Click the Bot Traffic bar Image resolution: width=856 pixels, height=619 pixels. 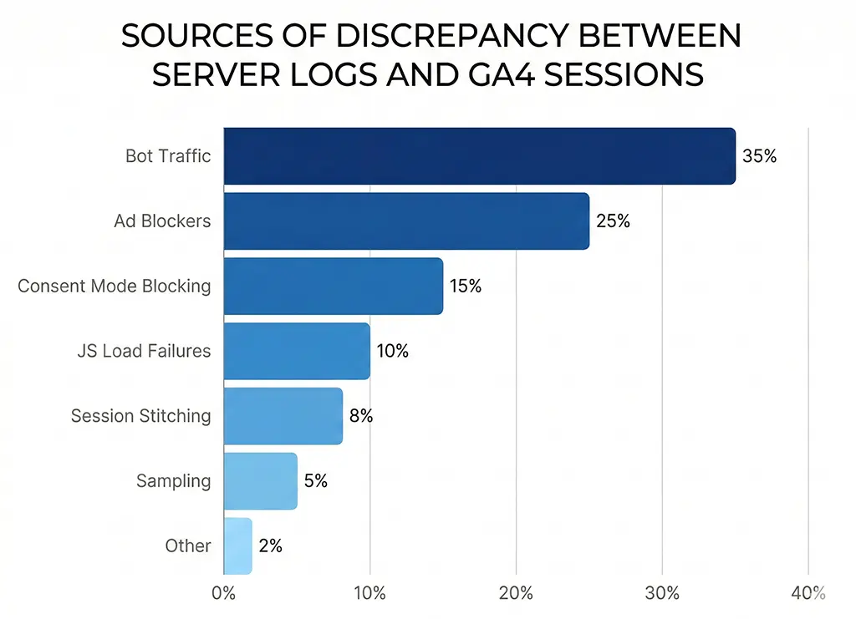[x=479, y=155]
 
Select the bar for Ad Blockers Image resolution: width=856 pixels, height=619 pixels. [x=406, y=221]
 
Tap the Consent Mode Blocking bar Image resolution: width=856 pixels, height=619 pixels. [x=333, y=286]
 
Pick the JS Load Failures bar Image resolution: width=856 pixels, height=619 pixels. [x=297, y=351]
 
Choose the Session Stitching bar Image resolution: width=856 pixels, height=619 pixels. [x=283, y=415]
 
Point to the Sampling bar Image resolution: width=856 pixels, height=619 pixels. [x=260, y=480]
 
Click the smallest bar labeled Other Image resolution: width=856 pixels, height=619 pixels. [x=237, y=545]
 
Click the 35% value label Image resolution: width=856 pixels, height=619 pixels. [x=759, y=155]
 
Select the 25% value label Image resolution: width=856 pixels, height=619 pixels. [x=613, y=221]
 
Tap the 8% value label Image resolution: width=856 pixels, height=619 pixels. [x=360, y=415]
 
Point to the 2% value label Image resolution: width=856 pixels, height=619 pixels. [x=270, y=545]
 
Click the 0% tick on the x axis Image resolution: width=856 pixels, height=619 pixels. [x=224, y=593]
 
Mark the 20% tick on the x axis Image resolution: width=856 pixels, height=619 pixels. [x=516, y=593]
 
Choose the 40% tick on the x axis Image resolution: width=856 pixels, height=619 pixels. [x=808, y=593]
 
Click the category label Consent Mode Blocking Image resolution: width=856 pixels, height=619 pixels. [x=115, y=286]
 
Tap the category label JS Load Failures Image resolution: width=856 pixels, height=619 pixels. [x=143, y=351]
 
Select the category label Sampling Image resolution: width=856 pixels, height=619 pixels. [x=174, y=480]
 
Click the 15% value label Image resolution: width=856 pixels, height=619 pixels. [x=466, y=286]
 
